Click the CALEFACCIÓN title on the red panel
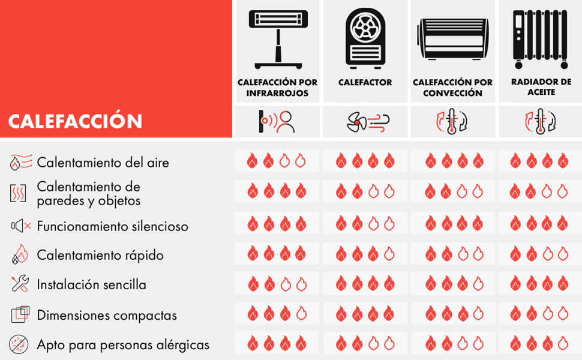(76, 121)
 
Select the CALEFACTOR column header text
(365, 82)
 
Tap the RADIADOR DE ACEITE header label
(541, 87)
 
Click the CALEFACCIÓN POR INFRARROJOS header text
(277, 88)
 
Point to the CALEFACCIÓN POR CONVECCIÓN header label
(452, 88)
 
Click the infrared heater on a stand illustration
(278, 40)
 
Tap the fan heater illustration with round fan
(365, 38)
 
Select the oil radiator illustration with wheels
(541, 40)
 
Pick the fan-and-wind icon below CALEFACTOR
(368, 122)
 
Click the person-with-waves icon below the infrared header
(277, 122)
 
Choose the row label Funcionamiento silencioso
(112, 226)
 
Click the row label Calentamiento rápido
(100, 256)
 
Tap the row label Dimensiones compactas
(107, 315)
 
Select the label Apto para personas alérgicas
(123, 345)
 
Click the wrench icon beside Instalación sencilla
(20, 284)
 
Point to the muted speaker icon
(21, 225)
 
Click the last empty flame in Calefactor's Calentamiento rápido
(389, 254)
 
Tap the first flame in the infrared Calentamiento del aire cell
(252, 161)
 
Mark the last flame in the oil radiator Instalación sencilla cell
(563, 284)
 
